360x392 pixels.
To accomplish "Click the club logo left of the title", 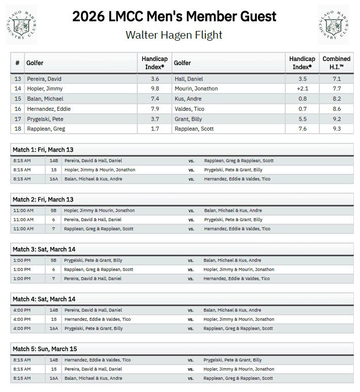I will pyautogui.click(x=22, y=25).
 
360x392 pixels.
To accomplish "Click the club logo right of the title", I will pyautogui.click(x=334, y=23).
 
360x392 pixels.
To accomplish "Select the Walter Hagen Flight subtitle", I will pyautogui.click(x=174, y=35).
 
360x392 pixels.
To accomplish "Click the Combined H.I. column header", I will pyautogui.click(x=336, y=63).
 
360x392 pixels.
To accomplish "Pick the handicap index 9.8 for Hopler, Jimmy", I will pyautogui.click(x=155, y=88).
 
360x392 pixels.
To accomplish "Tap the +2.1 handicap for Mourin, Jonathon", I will pyautogui.click(x=303, y=88).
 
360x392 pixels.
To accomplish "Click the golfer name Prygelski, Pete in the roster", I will pyautogui.click(x=44, y=119).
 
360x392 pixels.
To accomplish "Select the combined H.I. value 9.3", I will pyautogui.click(x=337, y=129).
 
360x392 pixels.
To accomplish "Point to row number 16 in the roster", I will pyautogui.click(x=18, y=109).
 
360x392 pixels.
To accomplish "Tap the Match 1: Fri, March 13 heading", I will pyautogui.click(x=43, y=149).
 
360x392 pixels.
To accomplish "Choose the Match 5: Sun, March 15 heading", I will pyautogui.click(x=45, y=349).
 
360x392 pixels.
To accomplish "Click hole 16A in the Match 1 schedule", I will pyautogui.click(x=53, y=179).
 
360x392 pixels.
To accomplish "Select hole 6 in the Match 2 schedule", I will pyautogui.click(x=53, y=220).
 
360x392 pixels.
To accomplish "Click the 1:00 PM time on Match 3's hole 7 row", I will pyautogui.click(x=22, y=279).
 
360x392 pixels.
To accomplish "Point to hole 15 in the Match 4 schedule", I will pyautogui.click(x=53, y=319).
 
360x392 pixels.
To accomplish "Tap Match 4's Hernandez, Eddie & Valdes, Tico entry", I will pyautogui.click(x=97, y=319).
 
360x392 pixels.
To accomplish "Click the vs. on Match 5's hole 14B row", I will pyautogui.click(x=191, y=360).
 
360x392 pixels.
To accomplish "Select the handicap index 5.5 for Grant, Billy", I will pyautogui.click(x=303, y=119).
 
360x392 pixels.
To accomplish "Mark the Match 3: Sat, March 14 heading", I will pyautogui.click(x=44, y=249).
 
